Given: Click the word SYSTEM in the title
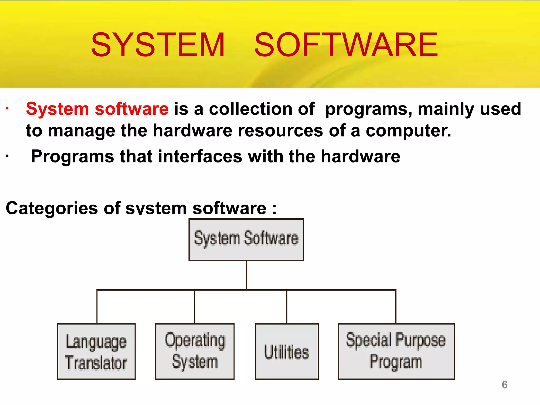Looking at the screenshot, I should (158, 45).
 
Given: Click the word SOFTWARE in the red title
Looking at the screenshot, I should (346, 45).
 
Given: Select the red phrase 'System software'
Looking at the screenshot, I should (97, 109).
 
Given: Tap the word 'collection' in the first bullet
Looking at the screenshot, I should (250, 109).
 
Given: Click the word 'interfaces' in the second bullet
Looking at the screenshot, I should (200, 156).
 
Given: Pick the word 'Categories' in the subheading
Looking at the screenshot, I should (52, 208).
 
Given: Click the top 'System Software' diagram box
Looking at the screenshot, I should (246, 240).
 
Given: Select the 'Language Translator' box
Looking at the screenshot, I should (96, 351).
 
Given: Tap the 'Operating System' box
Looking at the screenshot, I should (195, 351).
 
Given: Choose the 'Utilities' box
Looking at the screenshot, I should (287, 351).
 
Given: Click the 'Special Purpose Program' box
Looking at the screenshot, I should (396, 351).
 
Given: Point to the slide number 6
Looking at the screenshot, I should (504, 385).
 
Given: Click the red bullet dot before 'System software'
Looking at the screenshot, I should (7, 108).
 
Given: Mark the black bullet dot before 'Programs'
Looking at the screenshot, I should (7, 156).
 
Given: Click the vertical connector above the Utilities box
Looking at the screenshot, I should (287, 306).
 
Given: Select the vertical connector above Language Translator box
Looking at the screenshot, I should (97, 306).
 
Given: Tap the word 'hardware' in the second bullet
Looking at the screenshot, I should (360, 156).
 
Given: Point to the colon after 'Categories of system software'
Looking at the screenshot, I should (274, 209).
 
